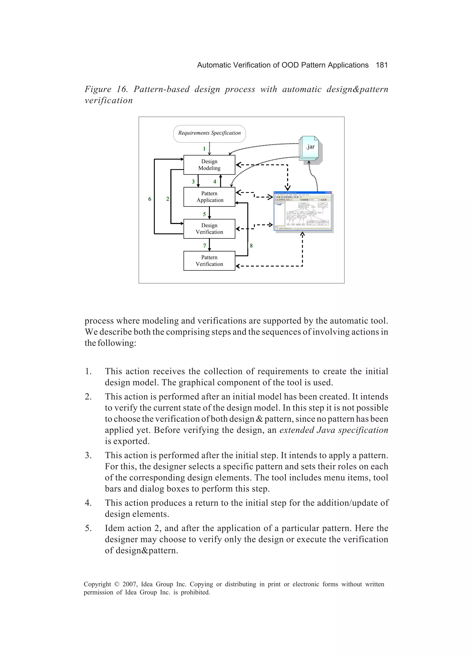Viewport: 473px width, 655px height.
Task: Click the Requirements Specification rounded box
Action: (x=209, y=133)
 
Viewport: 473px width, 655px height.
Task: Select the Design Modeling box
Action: (x=209, y=165)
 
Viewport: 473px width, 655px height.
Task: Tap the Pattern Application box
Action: (x=209, y=197)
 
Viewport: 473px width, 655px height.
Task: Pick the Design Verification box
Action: (x=209, y=229)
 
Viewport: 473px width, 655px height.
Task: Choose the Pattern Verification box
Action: (x=209, y=261)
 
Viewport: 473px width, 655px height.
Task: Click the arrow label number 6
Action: (x=150, y=199)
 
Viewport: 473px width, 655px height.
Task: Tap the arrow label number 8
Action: (x=251, y=246)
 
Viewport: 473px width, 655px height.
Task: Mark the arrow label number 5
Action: (x=204, y=214)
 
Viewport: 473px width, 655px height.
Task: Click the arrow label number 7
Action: (x=204, y=246)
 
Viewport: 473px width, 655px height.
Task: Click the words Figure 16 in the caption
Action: (x=106, y=89)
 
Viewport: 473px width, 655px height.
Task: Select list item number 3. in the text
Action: (x=88, y=456)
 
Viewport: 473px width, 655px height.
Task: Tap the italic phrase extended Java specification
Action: (x=334, y=430)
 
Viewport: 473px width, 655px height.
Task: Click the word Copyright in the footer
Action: (x=97, y=584)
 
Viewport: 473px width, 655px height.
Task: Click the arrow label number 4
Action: (x=215, y=182)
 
